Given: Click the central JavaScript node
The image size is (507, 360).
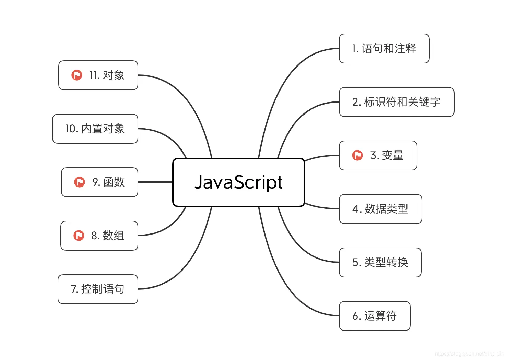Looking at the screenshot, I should coord(238,182).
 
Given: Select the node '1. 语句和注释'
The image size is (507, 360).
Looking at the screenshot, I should coord(384,48).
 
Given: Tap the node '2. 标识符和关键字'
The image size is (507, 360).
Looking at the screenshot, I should coord(396,102).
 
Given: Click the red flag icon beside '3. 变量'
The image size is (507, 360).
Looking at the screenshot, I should coord(357,155).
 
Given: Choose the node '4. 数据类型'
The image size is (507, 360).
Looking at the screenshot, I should coord(380,209).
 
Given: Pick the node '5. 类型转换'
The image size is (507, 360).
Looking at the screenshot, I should coord(380,262).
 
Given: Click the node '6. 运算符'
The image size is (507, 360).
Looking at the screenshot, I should coord(374,316).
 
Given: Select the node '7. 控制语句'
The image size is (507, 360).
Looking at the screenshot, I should coord(98,289).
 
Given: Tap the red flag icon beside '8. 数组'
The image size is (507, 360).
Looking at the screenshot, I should coord(79,236).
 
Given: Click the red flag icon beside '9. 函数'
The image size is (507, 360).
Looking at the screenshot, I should coord(80,182).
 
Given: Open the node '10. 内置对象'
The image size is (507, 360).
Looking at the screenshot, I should coord(95,129).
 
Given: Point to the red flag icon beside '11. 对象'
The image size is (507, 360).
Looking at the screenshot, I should coord(77,75).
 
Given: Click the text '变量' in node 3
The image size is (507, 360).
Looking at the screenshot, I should coord(393,155).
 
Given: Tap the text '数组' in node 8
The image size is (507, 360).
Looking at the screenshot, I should coord(114,236).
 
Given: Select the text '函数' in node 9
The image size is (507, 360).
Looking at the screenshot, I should coord(114,182).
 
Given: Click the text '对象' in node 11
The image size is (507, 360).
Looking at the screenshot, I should coord(114,75).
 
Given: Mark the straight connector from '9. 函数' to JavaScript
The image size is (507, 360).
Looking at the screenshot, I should coord(155,182).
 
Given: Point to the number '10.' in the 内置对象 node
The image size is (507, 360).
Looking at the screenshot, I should coord(72,129).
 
